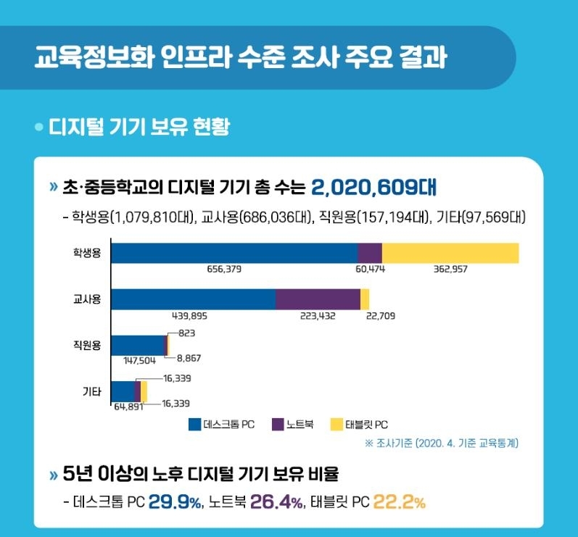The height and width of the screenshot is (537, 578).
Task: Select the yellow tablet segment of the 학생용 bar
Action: pyautogui.click(x=450, y=253)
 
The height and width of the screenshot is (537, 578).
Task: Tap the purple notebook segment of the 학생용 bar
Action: pyautogui.click(x=370, y=253)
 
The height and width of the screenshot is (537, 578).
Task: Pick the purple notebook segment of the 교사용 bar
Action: pyautogui.click(x=318, y=299)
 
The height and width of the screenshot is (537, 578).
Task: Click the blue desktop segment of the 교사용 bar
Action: pyautogui.click(x=193, y=299)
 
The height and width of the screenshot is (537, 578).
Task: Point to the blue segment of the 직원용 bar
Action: pyautogui.click(x=139, y=345)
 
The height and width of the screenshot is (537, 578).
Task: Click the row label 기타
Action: pyautogui.click(x=91, y=391)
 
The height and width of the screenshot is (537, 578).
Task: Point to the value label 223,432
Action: pyautogui.click(x=318, y=316)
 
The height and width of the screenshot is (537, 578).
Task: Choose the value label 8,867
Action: pyautogui.click(x=189, y=357)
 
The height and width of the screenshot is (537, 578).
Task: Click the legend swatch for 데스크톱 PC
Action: pyautogui.click(x=194, y=424)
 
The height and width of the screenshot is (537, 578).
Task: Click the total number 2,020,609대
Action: pyautogui.click(x=373, y=188)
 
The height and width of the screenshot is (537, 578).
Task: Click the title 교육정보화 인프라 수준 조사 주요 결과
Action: pyautogui.click(x=240, y=57)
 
